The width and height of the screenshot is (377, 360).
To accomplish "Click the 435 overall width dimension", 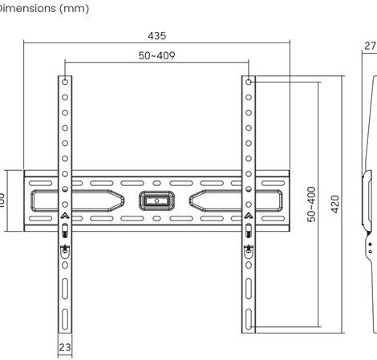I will click(x=157, y=36).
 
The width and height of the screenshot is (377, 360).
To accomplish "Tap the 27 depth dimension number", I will click(x=370, y=47).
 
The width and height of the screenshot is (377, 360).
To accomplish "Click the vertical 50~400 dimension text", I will click(x=311, y=204).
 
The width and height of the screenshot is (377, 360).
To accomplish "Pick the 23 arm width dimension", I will click(x=65, y=347).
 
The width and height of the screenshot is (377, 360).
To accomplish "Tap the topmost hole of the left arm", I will click(x=65, y=82).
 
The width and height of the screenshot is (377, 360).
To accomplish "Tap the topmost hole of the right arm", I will click(x=249, y=82).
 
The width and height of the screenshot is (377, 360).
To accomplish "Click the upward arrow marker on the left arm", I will click(x=65, y=216).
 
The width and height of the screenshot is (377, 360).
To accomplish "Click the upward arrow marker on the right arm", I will click(x=249, y=216).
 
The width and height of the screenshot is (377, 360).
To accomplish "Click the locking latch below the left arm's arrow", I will click(x=65, y=231).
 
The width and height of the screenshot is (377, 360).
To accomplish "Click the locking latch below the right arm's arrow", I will click(x=249, y=231).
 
